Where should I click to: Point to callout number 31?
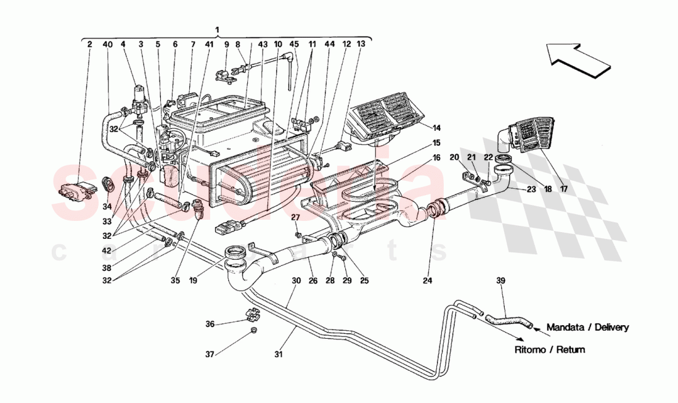(x=278, y=355)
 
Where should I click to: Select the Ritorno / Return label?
(x=550, y=349)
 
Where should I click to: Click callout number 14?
(x=436, y=128)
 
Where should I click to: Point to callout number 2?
(x=89, y=44)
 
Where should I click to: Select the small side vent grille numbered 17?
(x=528, y=139)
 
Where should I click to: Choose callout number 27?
(x=295, y=217)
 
